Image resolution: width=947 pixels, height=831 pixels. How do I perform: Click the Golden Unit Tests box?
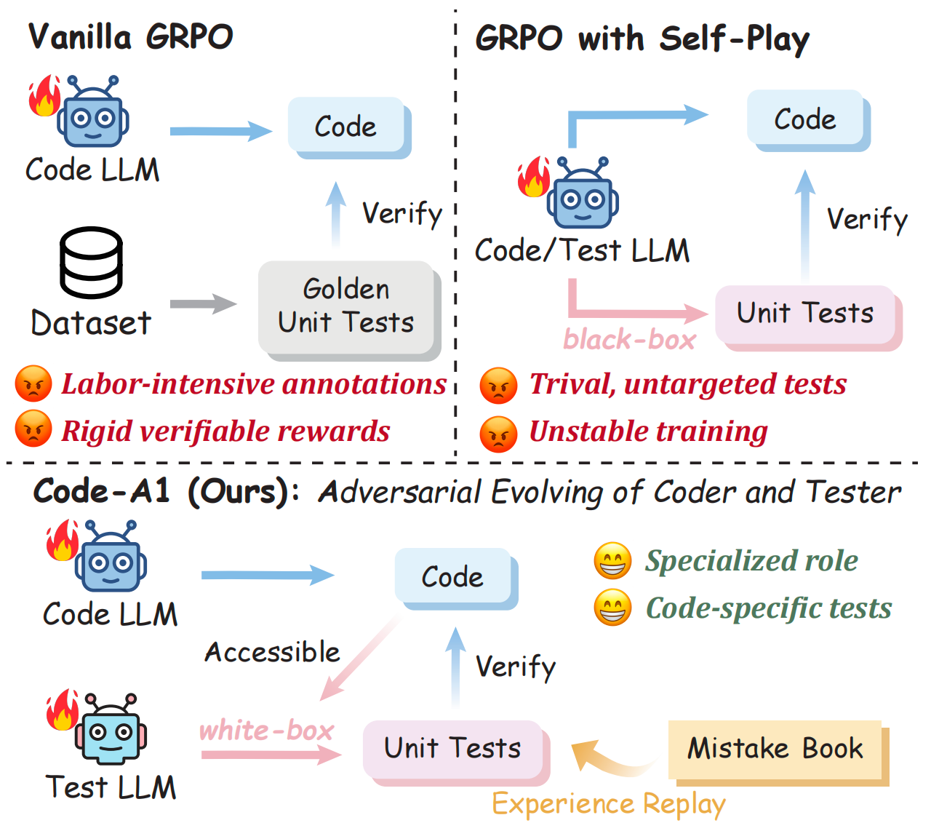346,306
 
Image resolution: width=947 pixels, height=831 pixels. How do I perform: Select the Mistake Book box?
775,749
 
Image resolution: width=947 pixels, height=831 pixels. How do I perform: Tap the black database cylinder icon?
91,263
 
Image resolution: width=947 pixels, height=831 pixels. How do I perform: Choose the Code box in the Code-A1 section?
452,576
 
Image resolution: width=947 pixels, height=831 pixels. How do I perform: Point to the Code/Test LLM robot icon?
582,194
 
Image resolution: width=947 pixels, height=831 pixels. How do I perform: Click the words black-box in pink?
629,340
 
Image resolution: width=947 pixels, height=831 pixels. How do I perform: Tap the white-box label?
266,730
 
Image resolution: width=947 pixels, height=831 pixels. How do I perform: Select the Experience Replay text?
609,804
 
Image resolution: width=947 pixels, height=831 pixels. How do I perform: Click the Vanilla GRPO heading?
131,36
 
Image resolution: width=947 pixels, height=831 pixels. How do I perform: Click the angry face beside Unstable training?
498,434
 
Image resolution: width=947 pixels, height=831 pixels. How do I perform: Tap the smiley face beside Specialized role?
612,561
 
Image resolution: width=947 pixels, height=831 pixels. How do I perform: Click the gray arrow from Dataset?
203,304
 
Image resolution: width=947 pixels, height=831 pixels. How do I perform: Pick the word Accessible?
272,652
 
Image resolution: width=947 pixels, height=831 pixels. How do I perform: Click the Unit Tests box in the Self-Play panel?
805,314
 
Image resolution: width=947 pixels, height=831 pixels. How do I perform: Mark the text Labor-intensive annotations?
254,384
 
